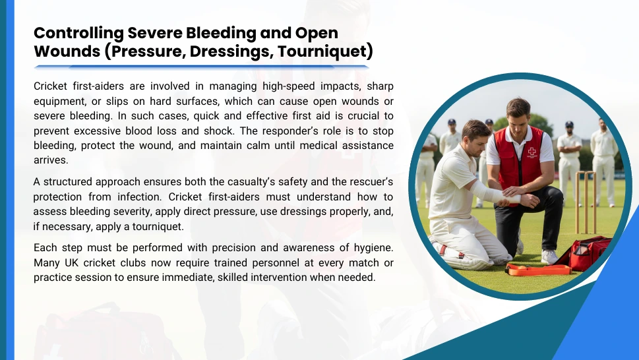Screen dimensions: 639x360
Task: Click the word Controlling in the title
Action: click(x=78, y=34)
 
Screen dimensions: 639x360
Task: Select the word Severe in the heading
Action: click(x=155, y=33)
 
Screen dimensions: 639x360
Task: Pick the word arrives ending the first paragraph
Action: click(x=51, y=160)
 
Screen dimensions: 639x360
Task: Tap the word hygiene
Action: click(x=373, y=248)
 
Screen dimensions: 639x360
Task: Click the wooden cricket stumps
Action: click(x=586, y=202)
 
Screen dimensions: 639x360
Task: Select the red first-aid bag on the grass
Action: click(x=585, y=253)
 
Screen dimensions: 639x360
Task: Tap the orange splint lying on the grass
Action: click(x=538, y=270)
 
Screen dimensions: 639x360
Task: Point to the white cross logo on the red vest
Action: click(x=532, y=152)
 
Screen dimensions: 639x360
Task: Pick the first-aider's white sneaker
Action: click(x=549, y=257)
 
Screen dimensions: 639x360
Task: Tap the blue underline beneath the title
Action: click(x=201, y=67)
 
